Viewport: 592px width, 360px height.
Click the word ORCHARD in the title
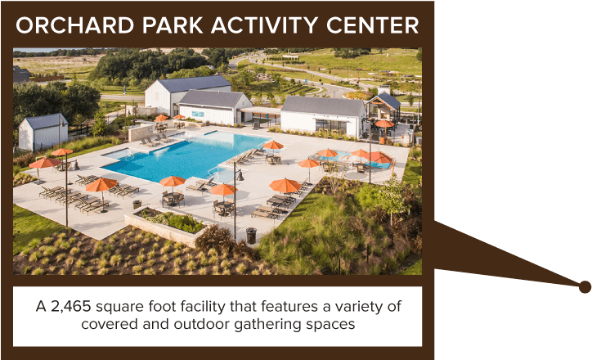click(x=75, y=25)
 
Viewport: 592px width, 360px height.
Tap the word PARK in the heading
click(x=173, y=25)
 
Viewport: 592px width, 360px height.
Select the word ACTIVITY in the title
click(x=264, y=25)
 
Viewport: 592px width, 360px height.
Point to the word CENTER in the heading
click(x=373, y=25)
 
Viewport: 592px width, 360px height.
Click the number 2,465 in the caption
click(x=71, y=306)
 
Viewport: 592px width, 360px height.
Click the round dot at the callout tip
click(x=585, y=287)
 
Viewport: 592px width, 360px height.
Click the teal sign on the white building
click(x=197, y=114)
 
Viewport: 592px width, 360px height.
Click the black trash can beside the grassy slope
click(x=251, y=236)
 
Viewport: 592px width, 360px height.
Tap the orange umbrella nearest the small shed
click(x=61, y=152)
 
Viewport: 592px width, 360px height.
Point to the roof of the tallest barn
click(x=194, y=83)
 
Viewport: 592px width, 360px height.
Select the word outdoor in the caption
click(x=203, y=324)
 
